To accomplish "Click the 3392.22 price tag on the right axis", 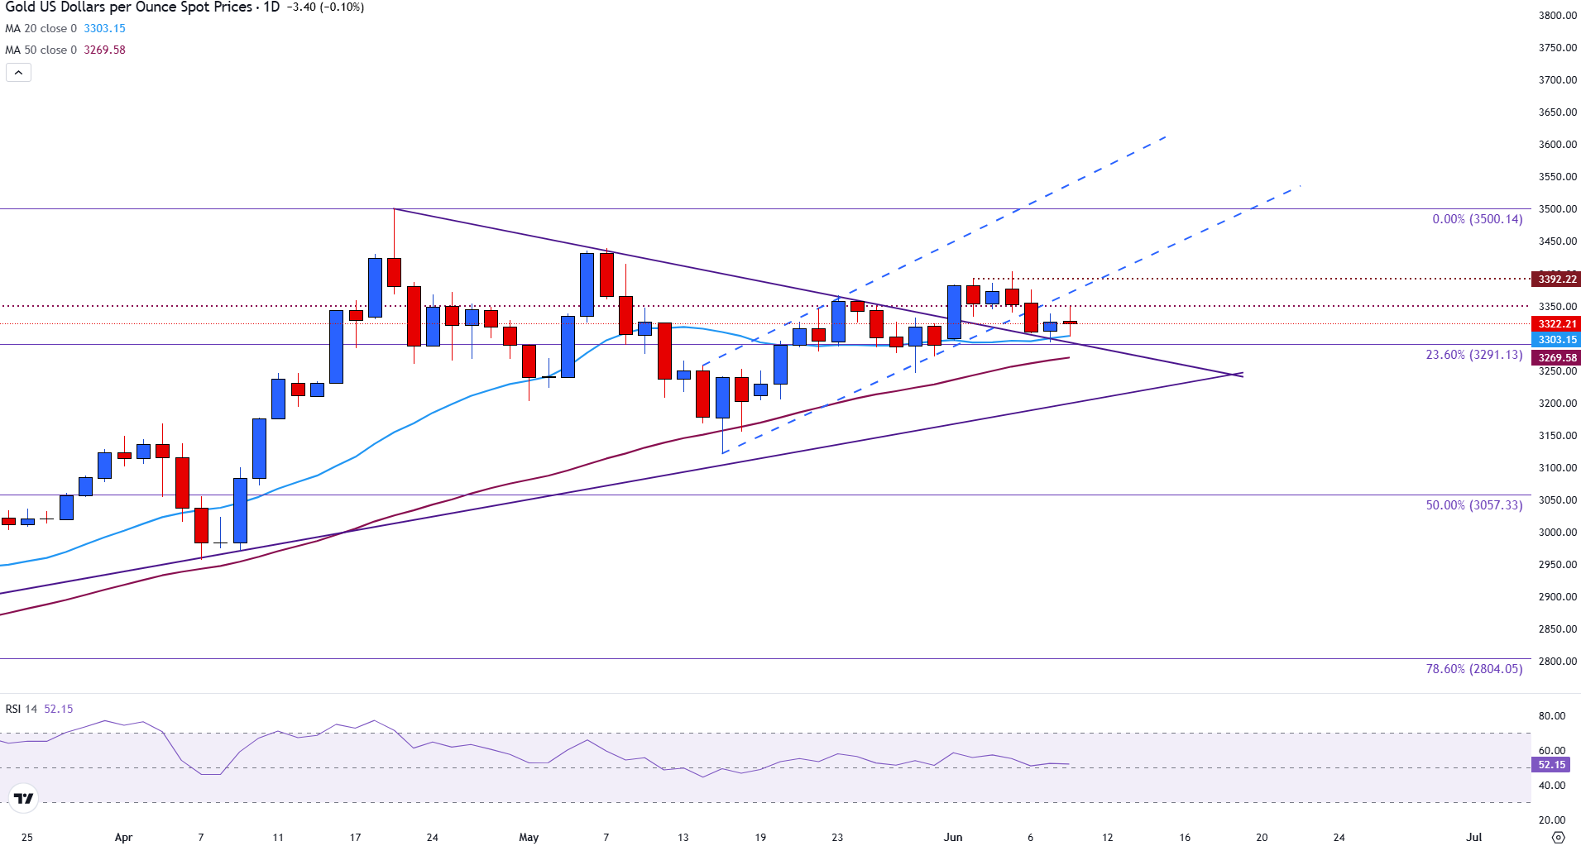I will click(x=1556, y=280).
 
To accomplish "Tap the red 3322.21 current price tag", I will click(x=1556, y=324).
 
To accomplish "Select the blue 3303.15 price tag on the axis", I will click(x=1556, y=340).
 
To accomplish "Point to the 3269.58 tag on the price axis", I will click(x=1556, y=358).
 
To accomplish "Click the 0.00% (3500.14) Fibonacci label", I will click(x=1477, y=219).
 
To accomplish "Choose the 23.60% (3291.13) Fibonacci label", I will click(x=1473, y=355).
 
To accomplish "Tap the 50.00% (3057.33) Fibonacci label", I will click(x=1473, y=505).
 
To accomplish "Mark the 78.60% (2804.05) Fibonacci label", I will click(x=1473, y=669).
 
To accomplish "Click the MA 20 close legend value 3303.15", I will click(x=104, y=28).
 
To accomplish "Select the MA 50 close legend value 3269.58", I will click(x=104, y=50).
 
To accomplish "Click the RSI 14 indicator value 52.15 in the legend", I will click(x=58, y=709).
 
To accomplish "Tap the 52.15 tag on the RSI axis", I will click(x=1551, y=765).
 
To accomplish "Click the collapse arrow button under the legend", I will click(x=18, y=73).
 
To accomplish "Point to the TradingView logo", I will click(x=24, y=798).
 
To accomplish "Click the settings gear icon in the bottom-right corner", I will click(x=1559, y=837).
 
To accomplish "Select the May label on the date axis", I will click(x=529, y=837).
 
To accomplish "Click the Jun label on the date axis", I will click(x=953, y=837).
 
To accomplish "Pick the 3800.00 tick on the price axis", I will click(x=1557, y=15).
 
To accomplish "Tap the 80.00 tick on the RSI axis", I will click(x=1551, y=716).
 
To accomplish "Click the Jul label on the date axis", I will click(x=1473, y=837).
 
